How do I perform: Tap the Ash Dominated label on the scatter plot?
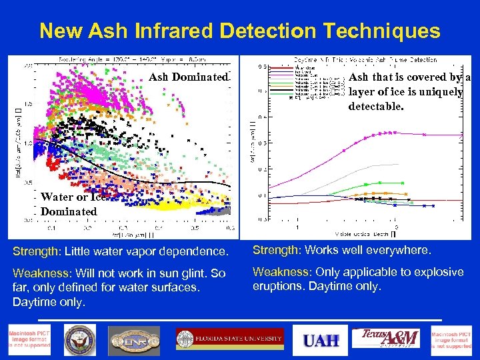pyautogui.click(x=188, y=77)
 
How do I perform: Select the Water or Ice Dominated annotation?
pyautogui.click(x=72, y=204)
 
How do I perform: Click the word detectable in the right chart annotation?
pyautogui.click(x=375, y=106)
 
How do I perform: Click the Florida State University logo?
pyautogui.click(x=229, y=339)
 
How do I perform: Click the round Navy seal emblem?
pyautogui.click(x=80, y=340)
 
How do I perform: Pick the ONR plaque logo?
pyautogui.click(x=134, y=340)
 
